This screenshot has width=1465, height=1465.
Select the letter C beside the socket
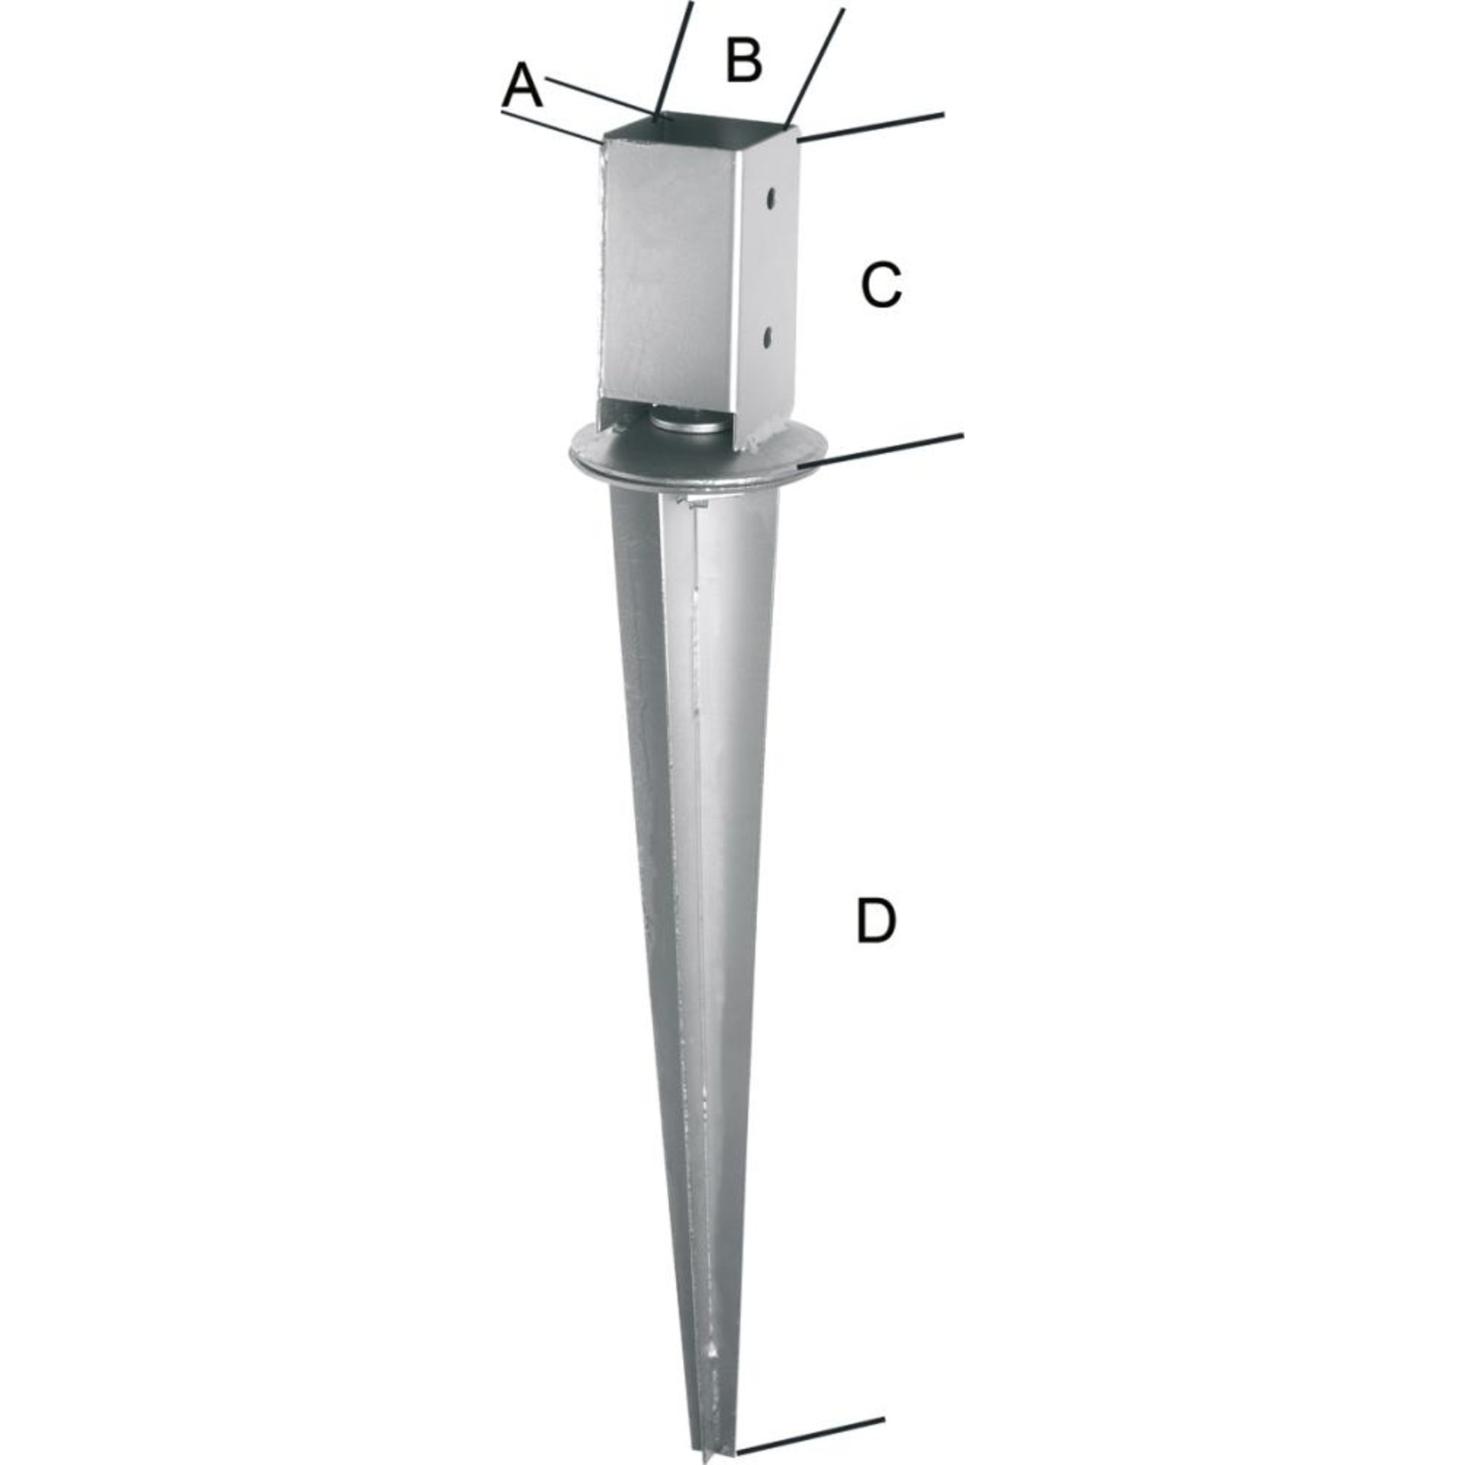881,285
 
